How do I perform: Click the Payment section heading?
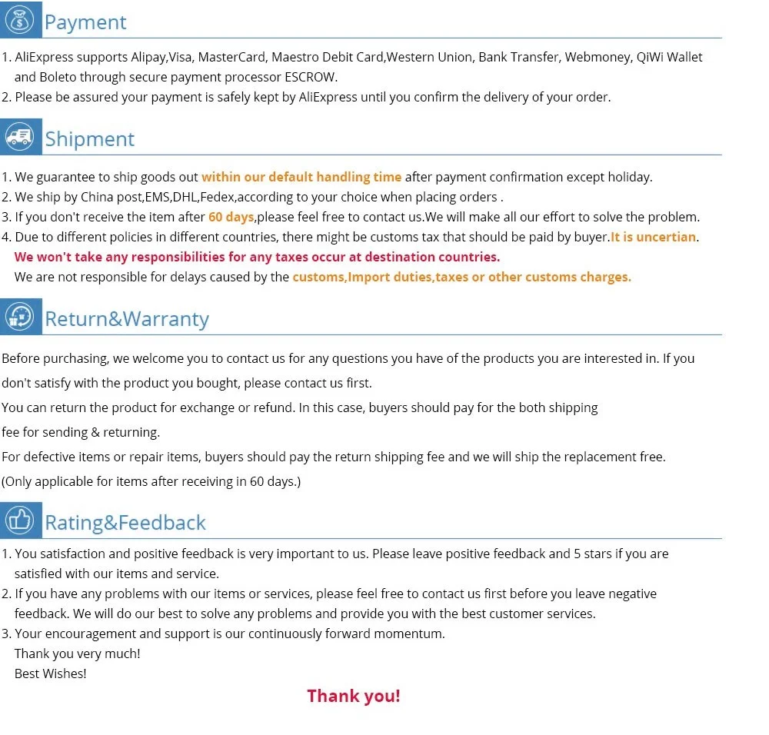85,22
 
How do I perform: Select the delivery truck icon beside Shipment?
21,138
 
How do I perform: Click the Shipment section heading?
89,139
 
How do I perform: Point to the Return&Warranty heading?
127,318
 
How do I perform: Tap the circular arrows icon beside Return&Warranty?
21,317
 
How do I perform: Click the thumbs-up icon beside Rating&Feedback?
21,520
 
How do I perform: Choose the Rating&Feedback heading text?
125,522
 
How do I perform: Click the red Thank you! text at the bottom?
354,696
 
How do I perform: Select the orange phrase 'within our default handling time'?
301,177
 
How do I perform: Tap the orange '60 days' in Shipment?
231,217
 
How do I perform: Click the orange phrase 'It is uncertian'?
653,237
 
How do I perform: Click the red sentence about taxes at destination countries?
257,257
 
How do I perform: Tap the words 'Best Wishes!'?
51,673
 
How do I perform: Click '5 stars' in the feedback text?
596,554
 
